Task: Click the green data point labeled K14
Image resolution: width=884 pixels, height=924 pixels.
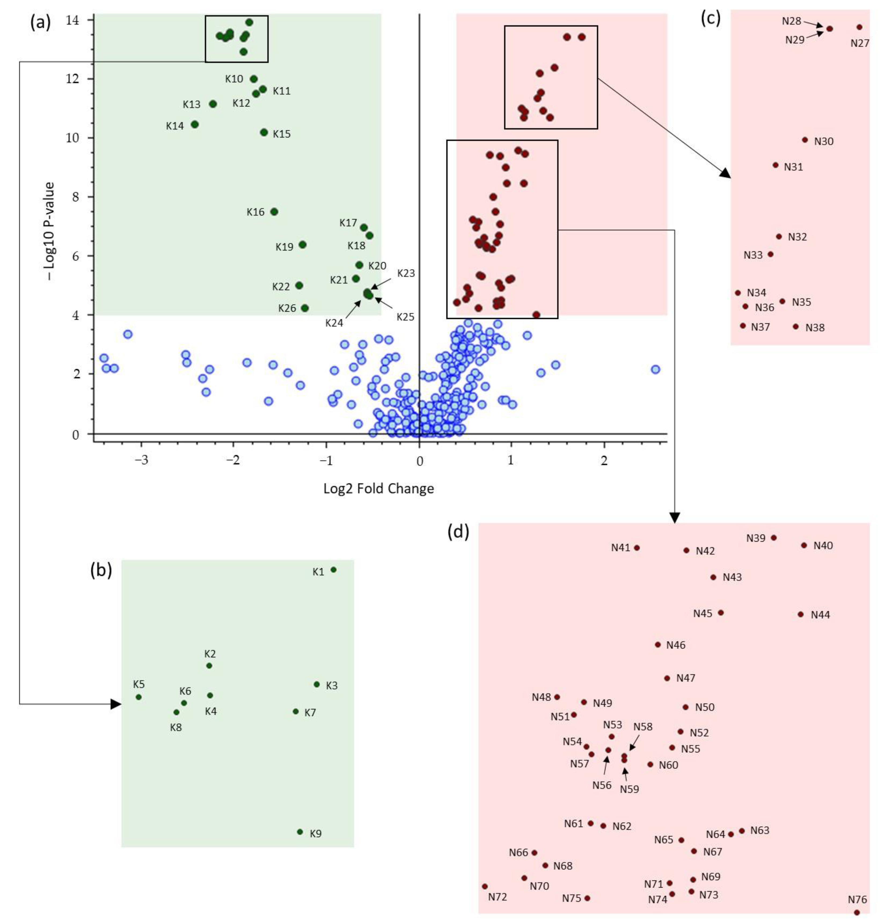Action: [195, 125]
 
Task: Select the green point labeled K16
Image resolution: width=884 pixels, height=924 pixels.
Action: [274, 211]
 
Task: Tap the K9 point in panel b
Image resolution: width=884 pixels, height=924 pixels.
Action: [300, 832]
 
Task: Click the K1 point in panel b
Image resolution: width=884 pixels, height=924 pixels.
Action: [333, 570]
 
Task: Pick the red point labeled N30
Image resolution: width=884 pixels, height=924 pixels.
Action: [805, 140]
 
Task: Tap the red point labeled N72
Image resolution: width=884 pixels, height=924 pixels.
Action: [485, 886]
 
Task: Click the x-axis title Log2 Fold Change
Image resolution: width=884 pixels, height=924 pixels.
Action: [378, 488]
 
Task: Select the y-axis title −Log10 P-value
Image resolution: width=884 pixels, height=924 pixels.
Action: [49, 231]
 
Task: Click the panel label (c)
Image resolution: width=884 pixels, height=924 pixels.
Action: [711, 19]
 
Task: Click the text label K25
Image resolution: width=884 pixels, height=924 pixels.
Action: [405, 317]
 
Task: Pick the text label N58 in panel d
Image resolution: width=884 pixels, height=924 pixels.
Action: [643, 726]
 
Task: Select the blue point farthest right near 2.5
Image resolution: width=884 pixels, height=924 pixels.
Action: [655, 369]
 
